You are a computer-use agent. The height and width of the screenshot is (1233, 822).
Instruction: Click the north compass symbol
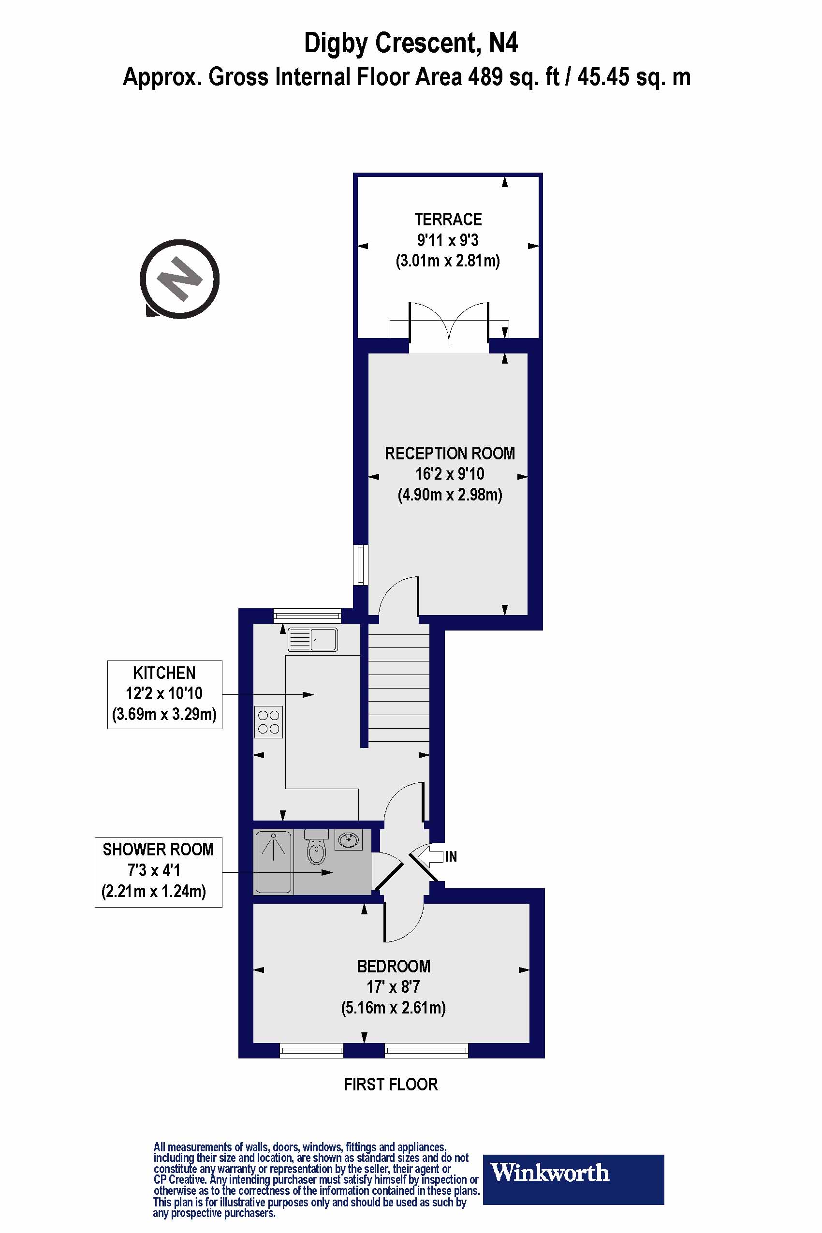[180, 279]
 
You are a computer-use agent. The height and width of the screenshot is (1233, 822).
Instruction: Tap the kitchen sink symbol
[312, 640]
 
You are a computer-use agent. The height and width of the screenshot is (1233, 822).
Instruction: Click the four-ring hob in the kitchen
[268, 722]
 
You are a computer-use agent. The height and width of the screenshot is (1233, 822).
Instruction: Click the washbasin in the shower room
[349, 840]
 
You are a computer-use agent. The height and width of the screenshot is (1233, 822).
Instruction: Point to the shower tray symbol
[273, 861]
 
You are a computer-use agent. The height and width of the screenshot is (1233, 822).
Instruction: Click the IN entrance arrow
[432, 857]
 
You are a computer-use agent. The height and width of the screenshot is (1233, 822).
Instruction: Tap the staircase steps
[398, 687]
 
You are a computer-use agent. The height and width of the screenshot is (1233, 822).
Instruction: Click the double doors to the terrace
[449, 325]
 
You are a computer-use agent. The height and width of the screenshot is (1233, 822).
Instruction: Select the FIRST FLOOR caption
[391, 1084]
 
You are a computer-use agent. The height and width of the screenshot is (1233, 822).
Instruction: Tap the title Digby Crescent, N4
[411, 43]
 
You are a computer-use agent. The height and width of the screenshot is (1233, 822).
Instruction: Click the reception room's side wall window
[361, 565]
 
